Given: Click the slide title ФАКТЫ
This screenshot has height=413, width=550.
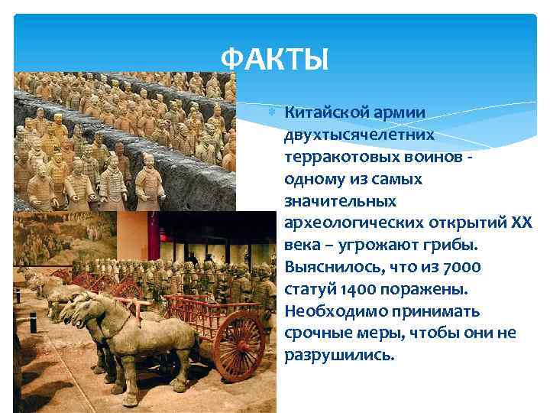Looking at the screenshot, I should pyautogui.click(x=273, y=59).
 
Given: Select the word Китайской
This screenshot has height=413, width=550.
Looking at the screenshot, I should pyautogui.click(x=325, y=112).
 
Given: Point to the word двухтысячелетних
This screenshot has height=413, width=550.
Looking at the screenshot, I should pyautogui.click(x=360, y=135).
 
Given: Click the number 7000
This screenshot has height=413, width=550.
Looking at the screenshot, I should pyautogui.click(x=463, y=268).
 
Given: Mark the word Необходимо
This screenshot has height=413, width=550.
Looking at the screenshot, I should pyautogui.click(x=327, y=312).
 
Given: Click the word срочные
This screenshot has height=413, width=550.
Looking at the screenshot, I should pyautogui.click(x=317, y=334).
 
